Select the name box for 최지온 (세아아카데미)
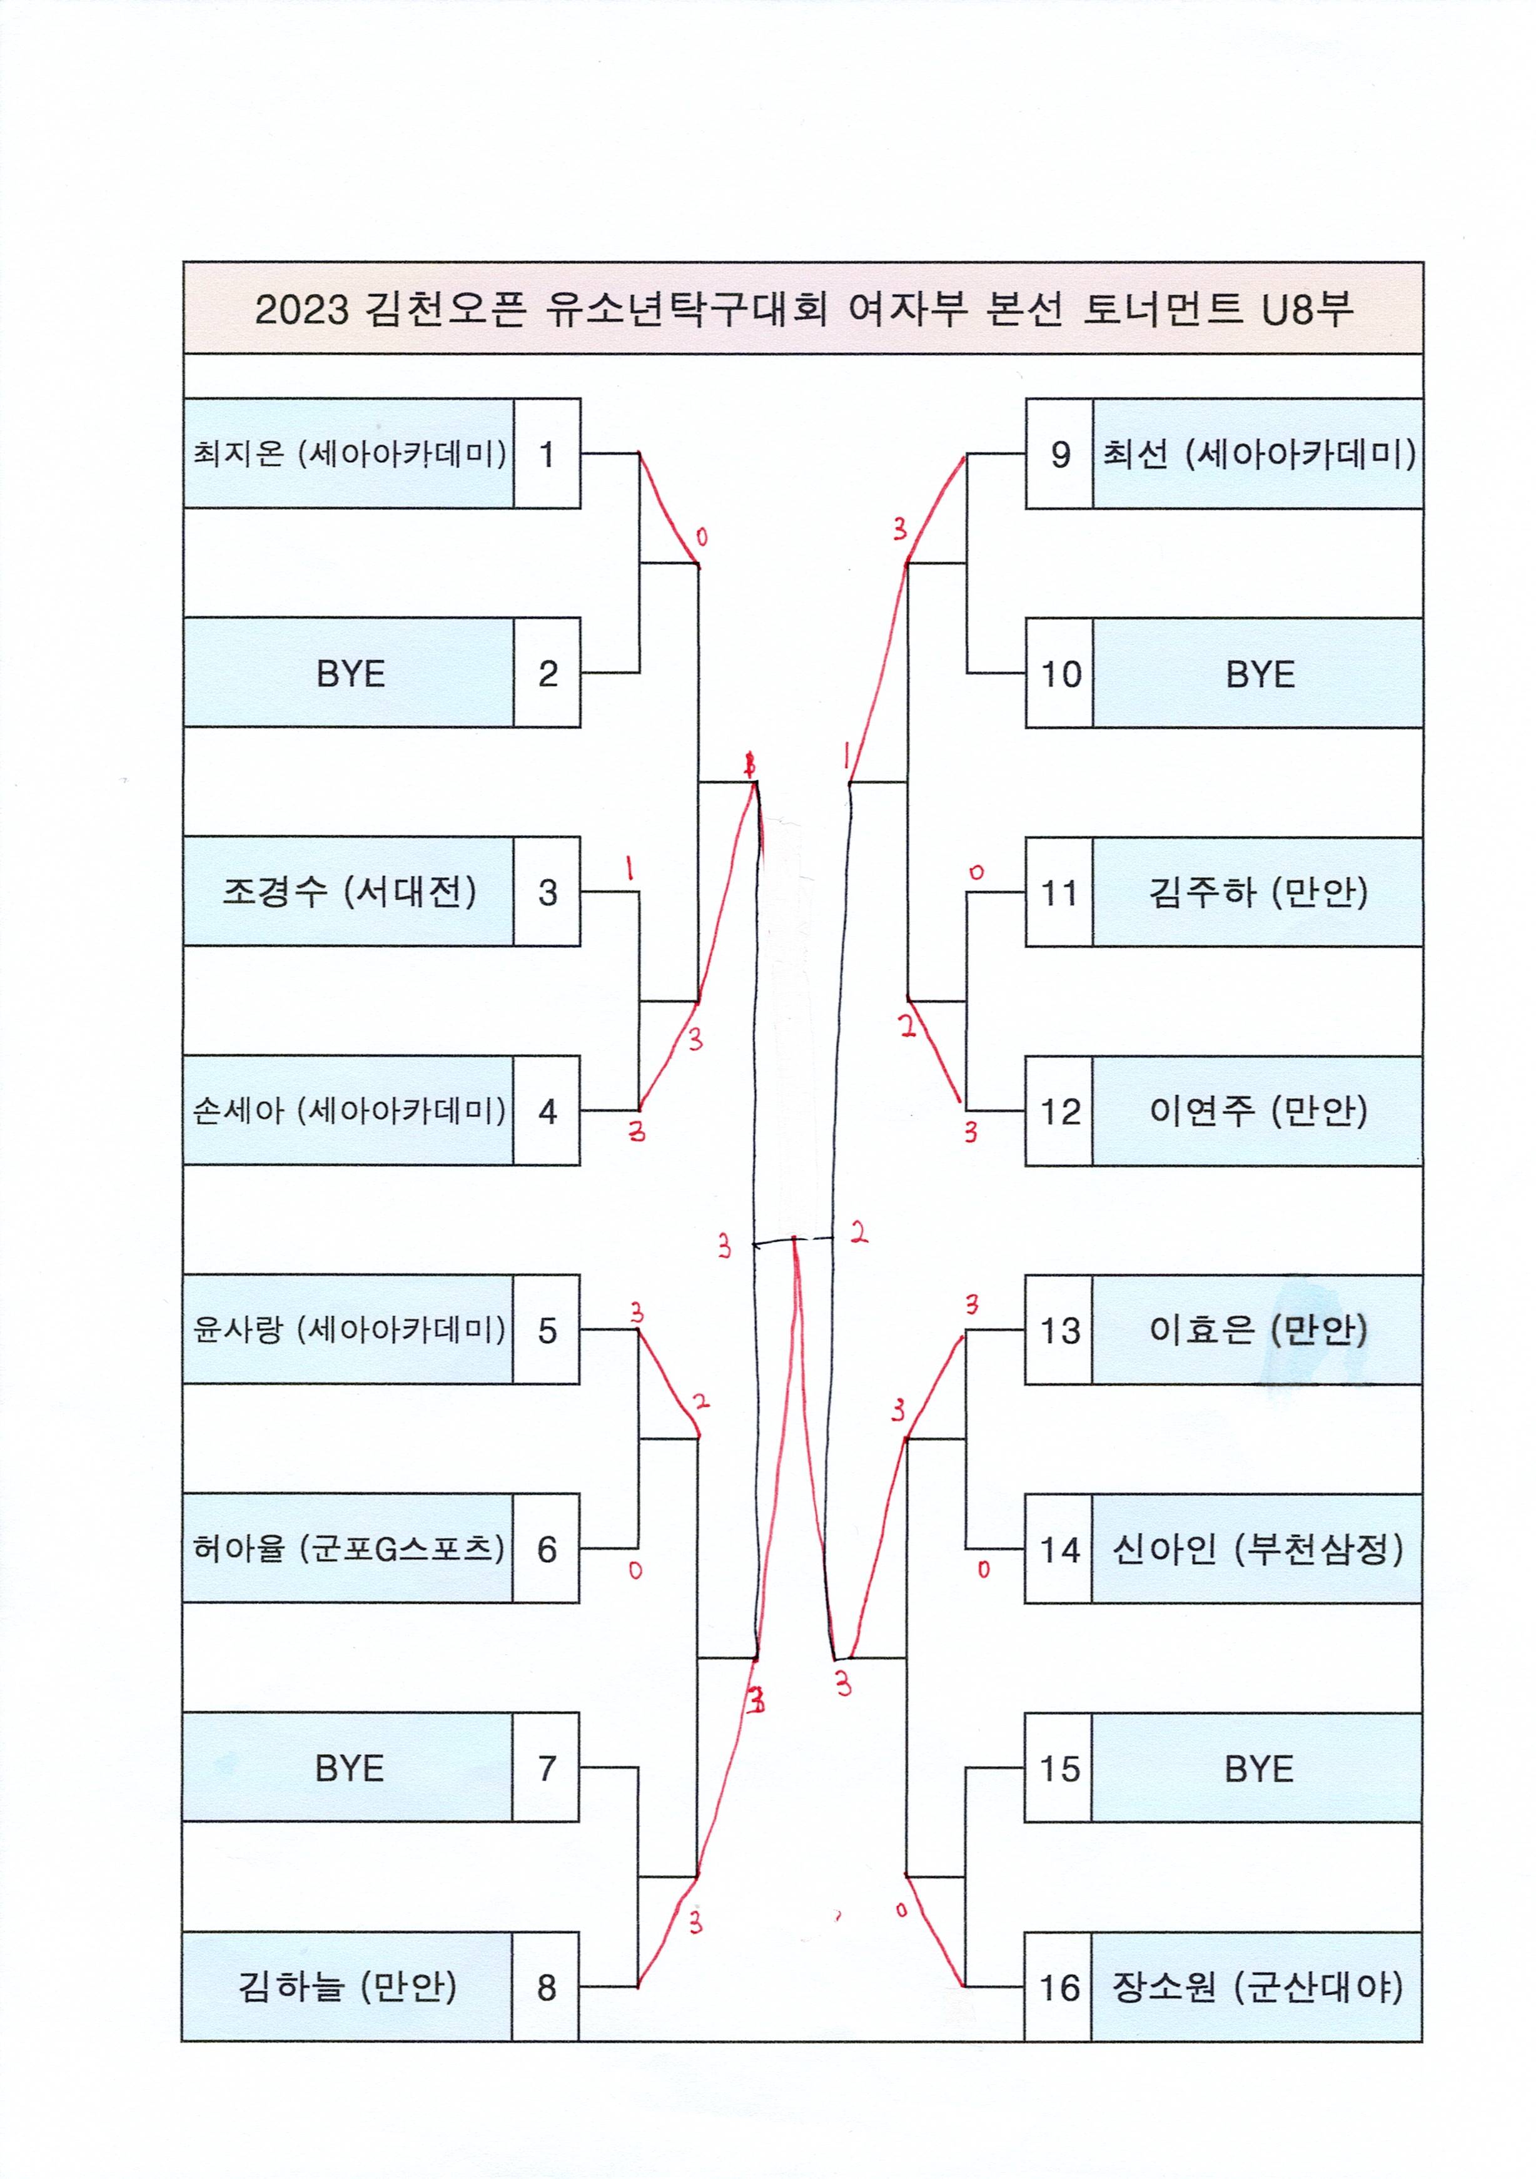pos(348,454)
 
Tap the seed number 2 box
pos(547,674)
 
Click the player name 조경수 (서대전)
pos(348,891)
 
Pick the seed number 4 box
pos(547,1110)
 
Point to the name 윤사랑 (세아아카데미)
pos(348,1329)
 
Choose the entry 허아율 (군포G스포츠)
pos(348,1549)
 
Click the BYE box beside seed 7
pos(348,1768)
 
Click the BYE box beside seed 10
pos(1258,674)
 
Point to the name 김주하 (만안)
pos(1258,892)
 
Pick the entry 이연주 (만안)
pos(1258,1110)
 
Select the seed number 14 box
pos(1059,1550)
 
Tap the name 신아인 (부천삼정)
pos(1258,1550)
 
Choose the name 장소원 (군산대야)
pos(1258,1988)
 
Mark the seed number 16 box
pos(1059,1988)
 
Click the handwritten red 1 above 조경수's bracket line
pos(629,868)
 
